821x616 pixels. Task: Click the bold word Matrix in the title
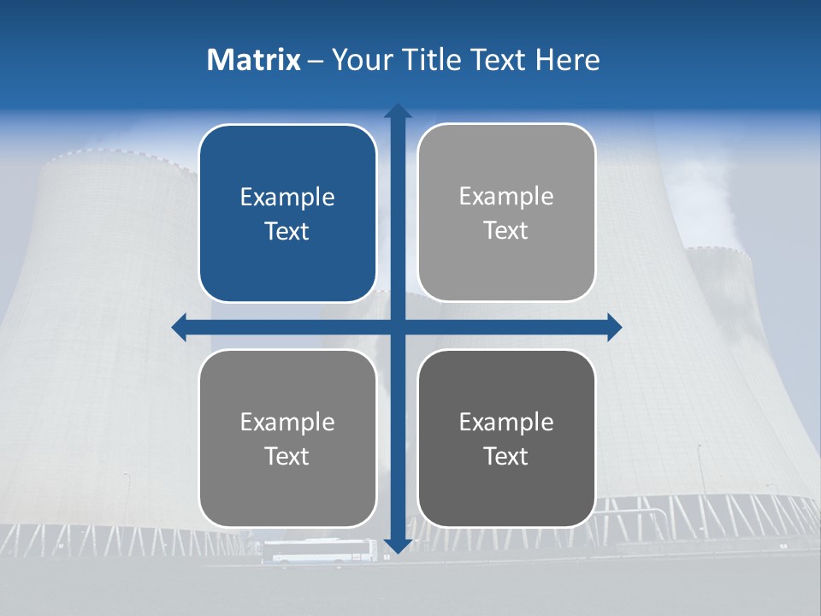(x=254, y=60)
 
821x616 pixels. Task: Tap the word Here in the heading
(x=567, y=60)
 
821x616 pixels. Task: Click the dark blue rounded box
(x=287, y=213)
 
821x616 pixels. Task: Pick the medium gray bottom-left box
(x=287, y=438)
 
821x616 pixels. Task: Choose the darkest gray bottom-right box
(x=506, y=438)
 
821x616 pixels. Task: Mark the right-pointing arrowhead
(x=614, y=327)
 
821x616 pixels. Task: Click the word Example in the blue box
(x=287, y=198)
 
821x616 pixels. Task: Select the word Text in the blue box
(x=287, y=232)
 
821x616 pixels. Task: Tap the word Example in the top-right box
(x=506, y=197)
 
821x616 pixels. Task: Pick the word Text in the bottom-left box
(x=287, y=456)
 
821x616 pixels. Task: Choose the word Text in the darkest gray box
(x=506, y=456)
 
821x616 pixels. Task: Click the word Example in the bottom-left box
(x=287, y=422)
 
